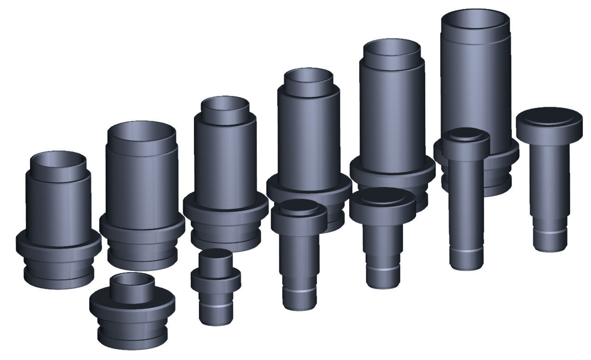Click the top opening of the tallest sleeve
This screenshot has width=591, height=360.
coord(476,21)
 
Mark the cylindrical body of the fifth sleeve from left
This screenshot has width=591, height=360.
coord(392,115)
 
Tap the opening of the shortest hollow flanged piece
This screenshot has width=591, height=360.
coord(133,280)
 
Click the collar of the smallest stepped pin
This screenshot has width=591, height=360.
coord(216,277)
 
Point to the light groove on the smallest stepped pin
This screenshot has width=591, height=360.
coord(216,305)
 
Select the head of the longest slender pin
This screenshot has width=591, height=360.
coord(466,138)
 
